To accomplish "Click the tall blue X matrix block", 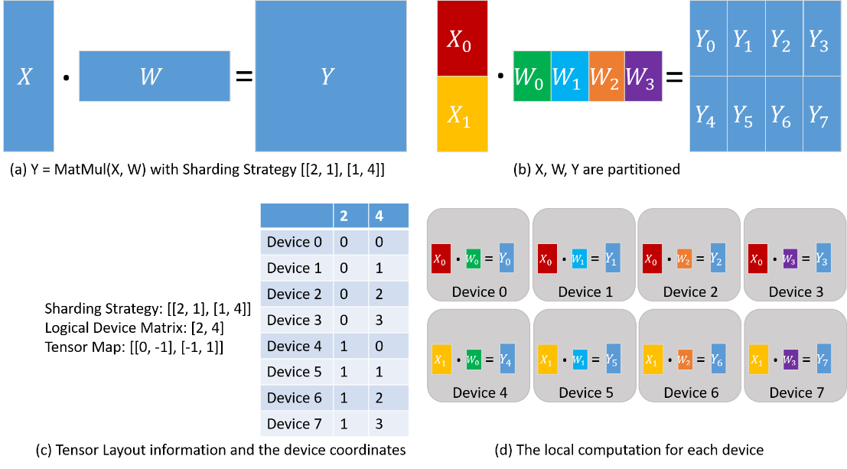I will click(x=28, y=77).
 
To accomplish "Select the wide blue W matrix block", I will click(x=154, y=76).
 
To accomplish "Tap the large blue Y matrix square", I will click(x=330, y=76).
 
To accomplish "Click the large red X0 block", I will click(x=462, y=38).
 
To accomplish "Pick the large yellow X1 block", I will click(x=462, y=114).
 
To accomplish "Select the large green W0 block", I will click(x=532, y=77).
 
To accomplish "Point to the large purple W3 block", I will click(x=643, y=77).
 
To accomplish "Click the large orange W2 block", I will click(x=607, y=77).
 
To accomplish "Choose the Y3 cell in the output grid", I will click(x=822, y=38).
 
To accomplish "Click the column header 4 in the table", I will click(x=380, y=216).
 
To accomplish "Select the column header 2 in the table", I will click(x=344, y=216).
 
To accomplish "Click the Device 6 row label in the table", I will click(x=295, y=398).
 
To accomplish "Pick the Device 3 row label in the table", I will click(x=295, y=320).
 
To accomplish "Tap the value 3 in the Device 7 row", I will click(x=380, y=423).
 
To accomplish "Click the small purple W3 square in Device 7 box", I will click(x=790, y=360).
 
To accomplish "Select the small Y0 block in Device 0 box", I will click(x=506, y=259).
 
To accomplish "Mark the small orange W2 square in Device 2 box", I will click(x=685, y=259).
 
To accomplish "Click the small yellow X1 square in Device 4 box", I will click(x=440, y=360).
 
